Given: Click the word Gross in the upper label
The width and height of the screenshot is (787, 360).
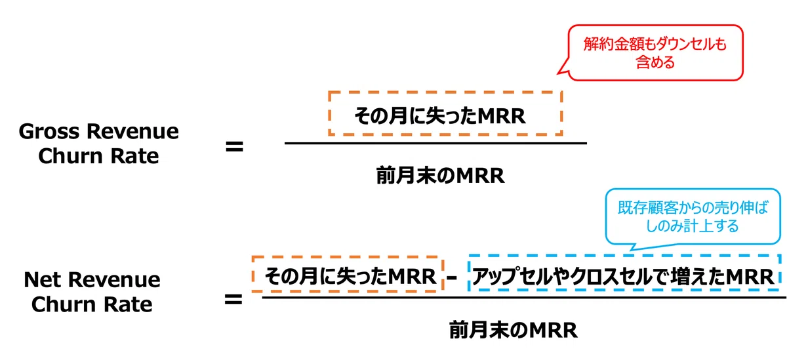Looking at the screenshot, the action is click(49, 132).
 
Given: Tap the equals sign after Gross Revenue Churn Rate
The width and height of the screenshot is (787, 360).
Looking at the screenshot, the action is click(234, 146).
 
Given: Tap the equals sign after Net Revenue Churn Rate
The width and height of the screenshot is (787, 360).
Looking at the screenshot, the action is click(233, 300).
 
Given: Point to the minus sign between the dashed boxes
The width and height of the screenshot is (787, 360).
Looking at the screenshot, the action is click(452, 278).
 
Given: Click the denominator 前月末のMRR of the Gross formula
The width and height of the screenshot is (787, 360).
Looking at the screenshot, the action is click(441, 176).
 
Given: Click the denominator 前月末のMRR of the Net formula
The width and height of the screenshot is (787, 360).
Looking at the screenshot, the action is click(514, 330).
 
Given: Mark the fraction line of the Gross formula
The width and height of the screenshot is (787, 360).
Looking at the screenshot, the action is click(435, 144).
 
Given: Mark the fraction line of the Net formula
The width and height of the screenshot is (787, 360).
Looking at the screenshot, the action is click(524, 298).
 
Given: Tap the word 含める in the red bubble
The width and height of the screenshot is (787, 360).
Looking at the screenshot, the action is click(656, 62).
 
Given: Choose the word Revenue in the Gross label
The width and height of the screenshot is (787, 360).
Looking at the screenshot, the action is click(132, 131).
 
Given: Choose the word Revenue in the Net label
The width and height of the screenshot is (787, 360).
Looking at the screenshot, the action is click(114, 279).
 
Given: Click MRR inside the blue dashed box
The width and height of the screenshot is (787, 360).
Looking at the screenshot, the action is click(750, 277).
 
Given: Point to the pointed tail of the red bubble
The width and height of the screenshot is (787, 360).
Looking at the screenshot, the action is click(558, 73).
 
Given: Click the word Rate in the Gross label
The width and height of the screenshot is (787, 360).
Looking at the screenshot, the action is click(134, 156).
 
